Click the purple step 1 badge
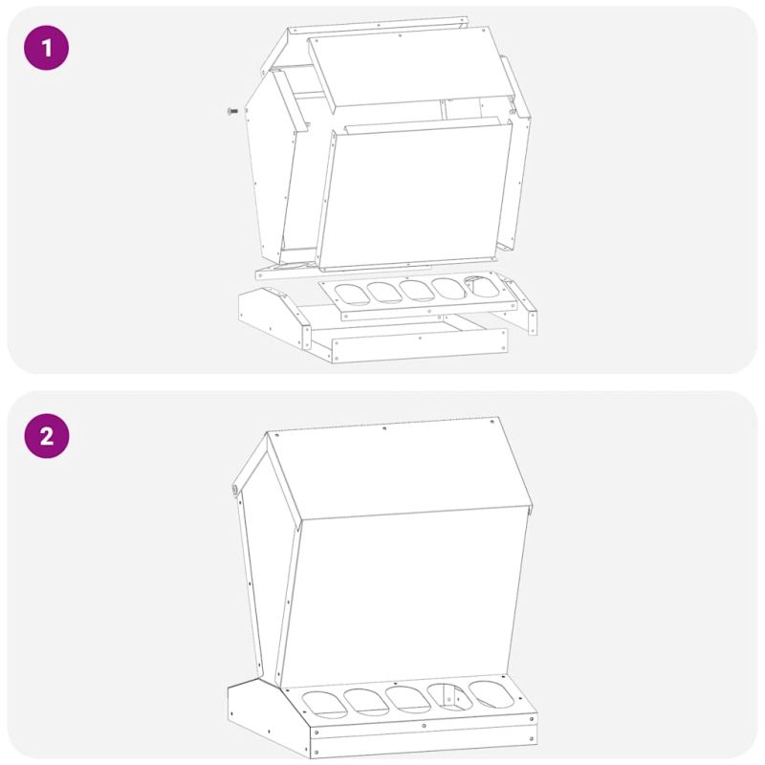[x=46, y=48]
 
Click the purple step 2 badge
[x=46, y=436]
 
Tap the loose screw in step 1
[x=232, y=111]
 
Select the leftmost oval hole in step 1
[x=351, y=295]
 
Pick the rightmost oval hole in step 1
[x=482, y=286]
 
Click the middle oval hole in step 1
[x=416, y=291]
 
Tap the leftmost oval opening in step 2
[x=324, y=705]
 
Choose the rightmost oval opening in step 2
[x=492, y=694]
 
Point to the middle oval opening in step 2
[x=408, y=699]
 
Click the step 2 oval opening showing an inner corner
[x=449, y=697]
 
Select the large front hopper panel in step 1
[x=415, y=195]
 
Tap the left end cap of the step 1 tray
[x=274, y=317]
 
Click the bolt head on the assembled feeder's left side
[x=234, y=490]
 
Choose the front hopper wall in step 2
[x=404, y=601]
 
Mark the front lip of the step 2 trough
[x=424, y=739]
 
